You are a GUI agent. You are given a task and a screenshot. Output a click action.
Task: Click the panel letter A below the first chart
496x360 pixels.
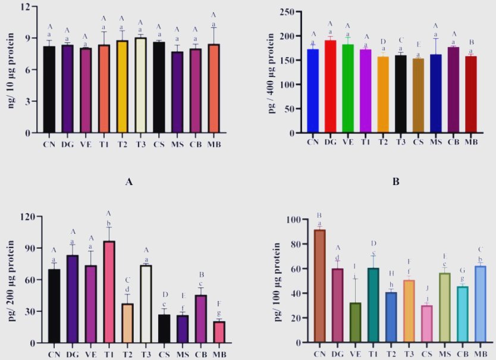pyautogui.click(x=128, y=182)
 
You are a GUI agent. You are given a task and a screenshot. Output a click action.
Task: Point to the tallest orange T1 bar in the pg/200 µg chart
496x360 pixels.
pyautogui.click(x=109, y=292)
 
